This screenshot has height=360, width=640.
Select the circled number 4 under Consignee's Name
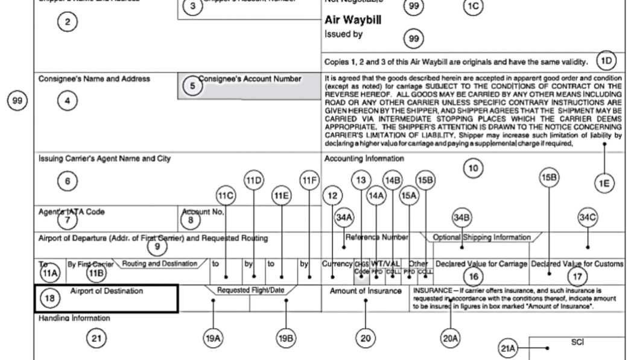click(x=68, y=101)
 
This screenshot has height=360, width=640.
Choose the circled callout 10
click(x=474, y=170)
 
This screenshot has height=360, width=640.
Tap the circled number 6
click(x=68, y=179)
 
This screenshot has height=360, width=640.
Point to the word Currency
click(x=337, y=264)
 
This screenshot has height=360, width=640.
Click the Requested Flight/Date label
click(x=249, y=290)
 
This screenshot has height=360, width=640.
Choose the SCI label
click(x=575, y=341)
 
